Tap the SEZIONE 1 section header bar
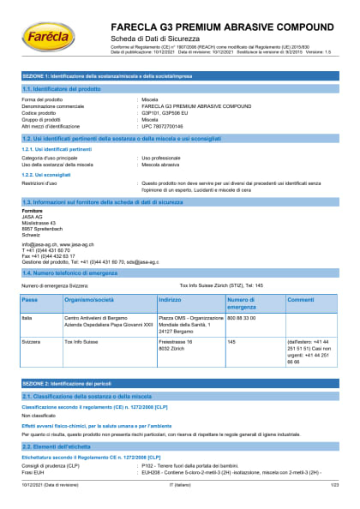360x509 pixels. click(180, 77)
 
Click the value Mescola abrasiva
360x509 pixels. click(161, 165)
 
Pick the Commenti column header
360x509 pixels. click(300, 300)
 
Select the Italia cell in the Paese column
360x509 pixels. click(27, 317)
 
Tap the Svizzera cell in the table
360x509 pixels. click(31, 342)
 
